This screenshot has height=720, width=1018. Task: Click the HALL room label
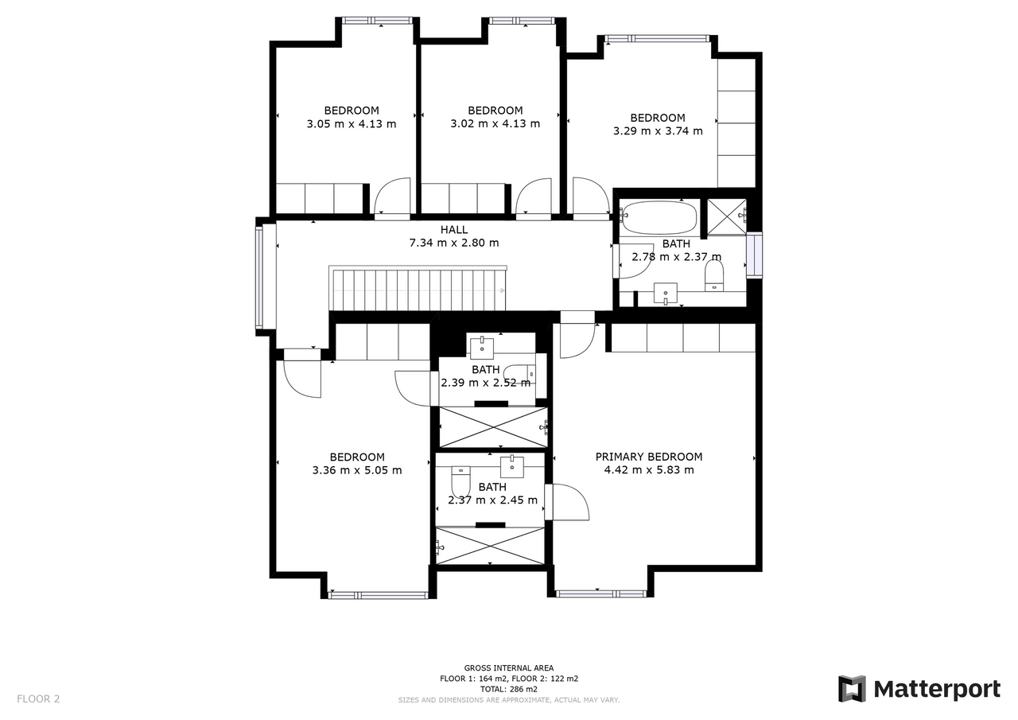coord(453,230)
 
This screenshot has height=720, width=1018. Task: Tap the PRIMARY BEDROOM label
coord(648,457)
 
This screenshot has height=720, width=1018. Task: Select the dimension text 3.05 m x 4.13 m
coord(352,123)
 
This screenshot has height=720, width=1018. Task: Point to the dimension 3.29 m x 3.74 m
coord(658,131)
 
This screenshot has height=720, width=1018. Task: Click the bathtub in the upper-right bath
coord(659,217)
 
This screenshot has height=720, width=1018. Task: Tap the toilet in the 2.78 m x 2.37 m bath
coord(714,275)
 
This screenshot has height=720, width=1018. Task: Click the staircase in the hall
coord(418,289)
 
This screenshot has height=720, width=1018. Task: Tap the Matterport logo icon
coord(852,689)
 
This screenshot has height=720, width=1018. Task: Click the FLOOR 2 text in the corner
coord(38,699)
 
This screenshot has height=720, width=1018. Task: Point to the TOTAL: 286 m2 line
coord(508,689)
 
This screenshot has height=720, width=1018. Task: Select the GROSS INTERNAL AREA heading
coord(508,668)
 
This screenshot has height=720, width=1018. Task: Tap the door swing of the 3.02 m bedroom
coord(534,196)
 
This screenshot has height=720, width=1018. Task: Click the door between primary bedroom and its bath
coord(567,502)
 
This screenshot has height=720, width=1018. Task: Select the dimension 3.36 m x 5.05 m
coord(357,470)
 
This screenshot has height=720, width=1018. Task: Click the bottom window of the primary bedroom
coord(601,594)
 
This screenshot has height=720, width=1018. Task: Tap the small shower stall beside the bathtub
coord(727,217)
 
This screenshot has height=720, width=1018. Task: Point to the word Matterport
coord(937,690)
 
